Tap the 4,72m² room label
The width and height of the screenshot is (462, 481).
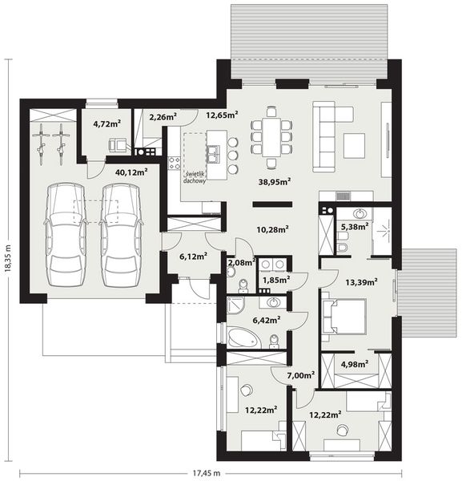point(106,123)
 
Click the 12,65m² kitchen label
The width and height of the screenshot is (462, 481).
point(222,115)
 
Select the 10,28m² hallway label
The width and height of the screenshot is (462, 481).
point(272,230)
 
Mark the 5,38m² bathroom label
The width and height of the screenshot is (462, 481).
point(356,227)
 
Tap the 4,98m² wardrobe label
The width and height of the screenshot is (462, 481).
point(354,365)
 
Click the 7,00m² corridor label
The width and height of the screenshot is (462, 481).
point(300,375)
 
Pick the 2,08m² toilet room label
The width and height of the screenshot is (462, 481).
point(242,262)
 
